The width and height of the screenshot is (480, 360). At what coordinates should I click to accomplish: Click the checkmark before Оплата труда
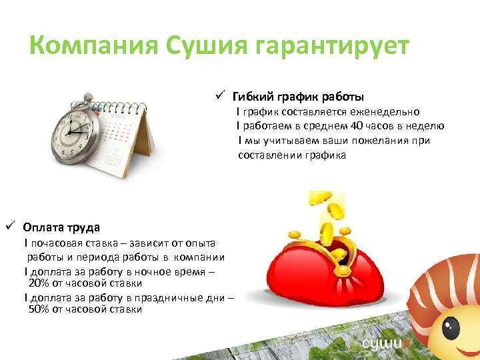[x=10, y=225]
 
